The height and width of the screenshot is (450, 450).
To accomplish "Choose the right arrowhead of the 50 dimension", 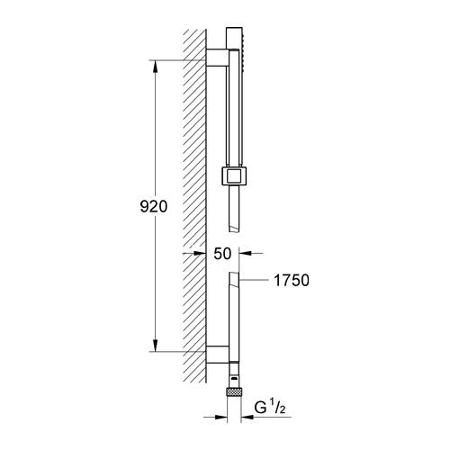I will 246,255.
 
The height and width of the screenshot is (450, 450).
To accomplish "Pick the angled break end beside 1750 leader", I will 233,277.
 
